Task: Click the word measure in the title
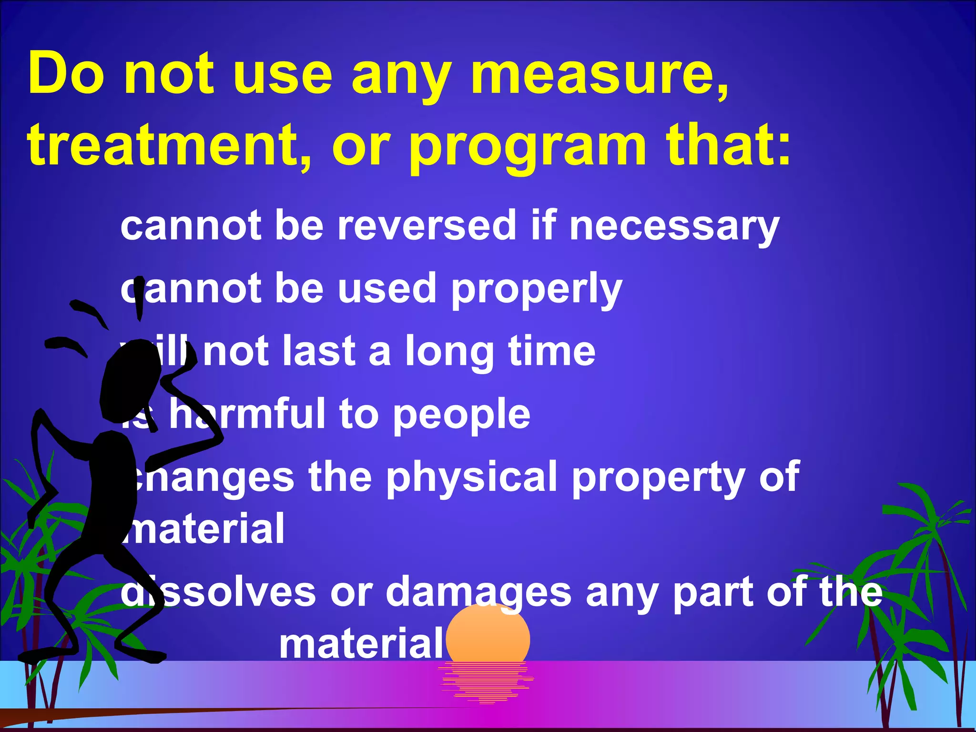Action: [600, 75]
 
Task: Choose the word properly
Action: [537, 290]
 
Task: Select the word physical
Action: [472, 478]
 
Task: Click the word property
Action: [658, 478]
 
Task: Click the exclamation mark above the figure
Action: [139, 298]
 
